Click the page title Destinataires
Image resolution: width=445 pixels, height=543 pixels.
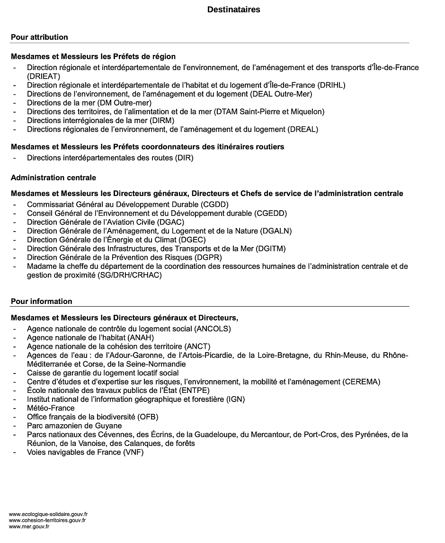233,9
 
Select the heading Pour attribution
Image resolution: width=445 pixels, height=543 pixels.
39,37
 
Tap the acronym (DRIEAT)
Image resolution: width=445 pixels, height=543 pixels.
44,76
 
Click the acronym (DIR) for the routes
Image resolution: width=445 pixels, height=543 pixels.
184,158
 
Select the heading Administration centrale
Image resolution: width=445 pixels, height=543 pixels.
53,178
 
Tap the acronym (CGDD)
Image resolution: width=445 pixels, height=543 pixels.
214,205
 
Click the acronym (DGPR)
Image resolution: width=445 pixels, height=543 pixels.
207,258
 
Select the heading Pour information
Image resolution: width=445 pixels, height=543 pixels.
41,301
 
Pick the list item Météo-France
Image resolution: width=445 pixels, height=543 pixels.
51,408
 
